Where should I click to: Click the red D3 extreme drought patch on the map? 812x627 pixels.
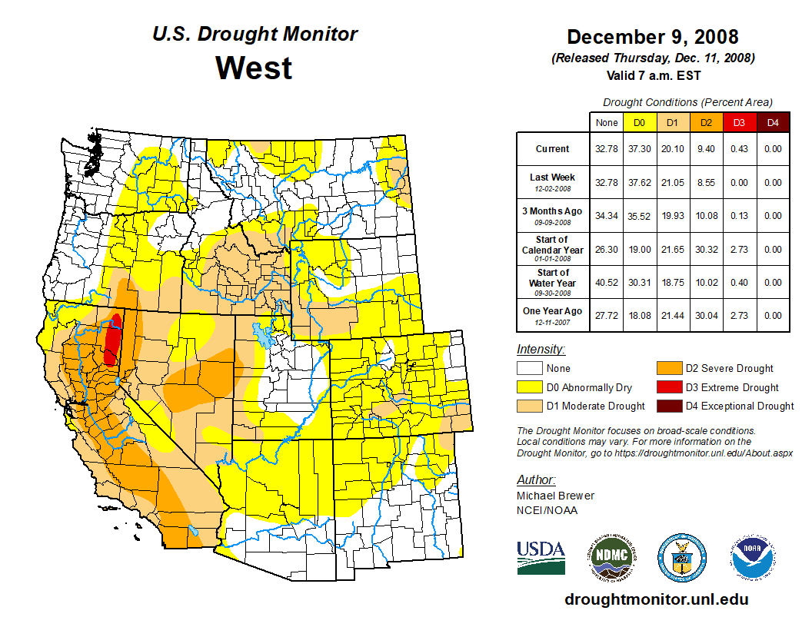click(113, 338)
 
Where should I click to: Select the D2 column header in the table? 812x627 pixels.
click(706, 123)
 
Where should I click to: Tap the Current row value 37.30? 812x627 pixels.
click(640, 149)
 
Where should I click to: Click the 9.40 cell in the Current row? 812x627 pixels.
click(706, 149)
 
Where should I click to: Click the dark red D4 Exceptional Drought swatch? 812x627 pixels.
click(669, 406)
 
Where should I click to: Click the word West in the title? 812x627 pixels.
click(254, 68)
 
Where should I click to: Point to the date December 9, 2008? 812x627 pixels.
click(652, 37)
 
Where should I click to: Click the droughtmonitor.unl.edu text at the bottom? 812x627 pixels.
click(656, 599)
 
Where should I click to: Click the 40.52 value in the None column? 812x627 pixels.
click(607, 282)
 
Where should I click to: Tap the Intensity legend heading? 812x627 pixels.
click(541, 349)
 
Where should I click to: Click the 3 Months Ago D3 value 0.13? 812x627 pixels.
click(739, 215)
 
